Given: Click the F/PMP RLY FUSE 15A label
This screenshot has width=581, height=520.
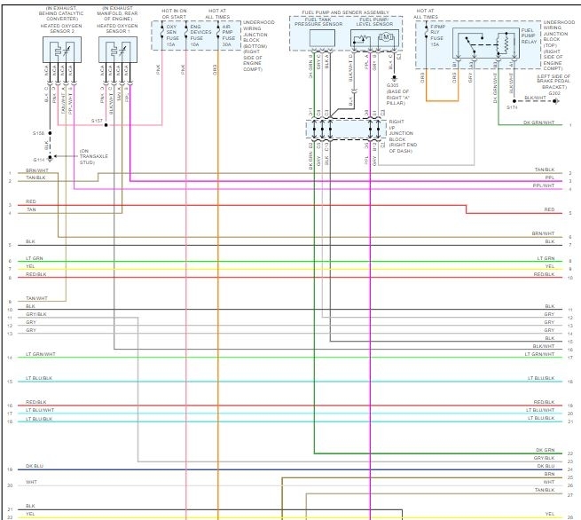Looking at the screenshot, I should coord(436,40).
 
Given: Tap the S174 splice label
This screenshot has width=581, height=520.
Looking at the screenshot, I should coord(513,106).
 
